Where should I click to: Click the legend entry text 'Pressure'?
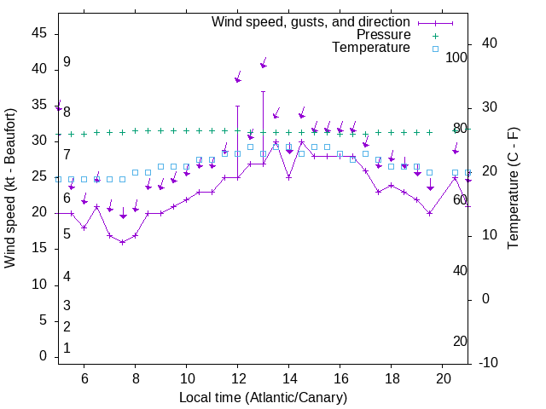(383, 35)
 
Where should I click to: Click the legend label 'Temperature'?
(371, 48)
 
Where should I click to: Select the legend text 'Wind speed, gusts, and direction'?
(311, 21)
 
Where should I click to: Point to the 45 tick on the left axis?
(39, 33)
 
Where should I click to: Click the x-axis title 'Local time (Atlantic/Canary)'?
(263, 397)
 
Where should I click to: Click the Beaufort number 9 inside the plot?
(67, 62)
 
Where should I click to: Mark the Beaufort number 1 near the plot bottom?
(67, 349)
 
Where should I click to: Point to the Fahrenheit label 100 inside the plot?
(457, 57)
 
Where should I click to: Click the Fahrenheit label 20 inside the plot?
(460, 342)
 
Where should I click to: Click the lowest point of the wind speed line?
(123, 242)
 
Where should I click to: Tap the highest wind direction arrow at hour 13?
(264, 65)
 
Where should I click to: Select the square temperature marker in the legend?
(435, 49)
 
